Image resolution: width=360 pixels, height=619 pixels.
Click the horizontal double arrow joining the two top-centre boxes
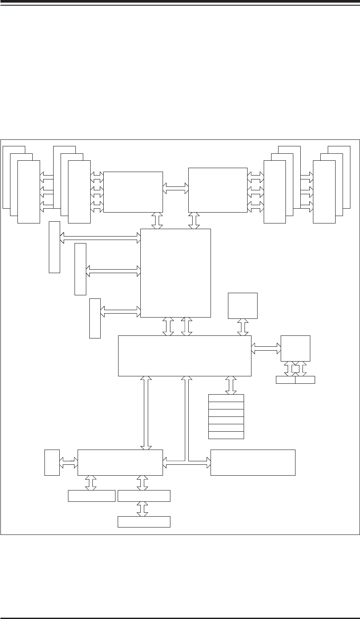tap(175, 188)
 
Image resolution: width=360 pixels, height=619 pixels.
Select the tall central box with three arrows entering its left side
tap(175, 273)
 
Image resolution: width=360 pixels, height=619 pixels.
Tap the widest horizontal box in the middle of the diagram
tap(184, 355)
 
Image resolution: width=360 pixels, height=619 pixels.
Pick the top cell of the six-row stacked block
tap(226, 398)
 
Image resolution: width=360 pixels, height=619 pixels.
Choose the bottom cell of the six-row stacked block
tap(226, 435)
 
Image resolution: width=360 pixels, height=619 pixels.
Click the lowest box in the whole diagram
tap(144, 522)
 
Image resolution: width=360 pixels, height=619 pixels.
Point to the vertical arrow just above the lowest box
tap(142, 509)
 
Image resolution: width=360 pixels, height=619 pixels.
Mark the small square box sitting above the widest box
tap(243, 306)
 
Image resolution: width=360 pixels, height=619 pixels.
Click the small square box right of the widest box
tap(295, 348)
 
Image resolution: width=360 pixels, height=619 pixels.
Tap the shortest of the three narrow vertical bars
tap(95, 318)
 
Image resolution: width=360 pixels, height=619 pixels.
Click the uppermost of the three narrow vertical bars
tap(54, 247)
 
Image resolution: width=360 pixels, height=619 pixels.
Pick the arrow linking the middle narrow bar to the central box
tap(113, 271)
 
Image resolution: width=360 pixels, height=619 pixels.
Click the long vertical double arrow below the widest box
tap(146, 413)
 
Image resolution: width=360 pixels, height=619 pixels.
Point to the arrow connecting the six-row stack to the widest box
tap(231, 385)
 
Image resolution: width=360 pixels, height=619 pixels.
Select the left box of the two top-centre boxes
tap(133, 192)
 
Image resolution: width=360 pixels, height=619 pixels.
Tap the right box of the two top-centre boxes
tap(217, 190)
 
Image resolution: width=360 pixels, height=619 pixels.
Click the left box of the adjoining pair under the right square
tap(285, 380)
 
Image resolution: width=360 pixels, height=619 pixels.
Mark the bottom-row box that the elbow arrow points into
tap(253, 462)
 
